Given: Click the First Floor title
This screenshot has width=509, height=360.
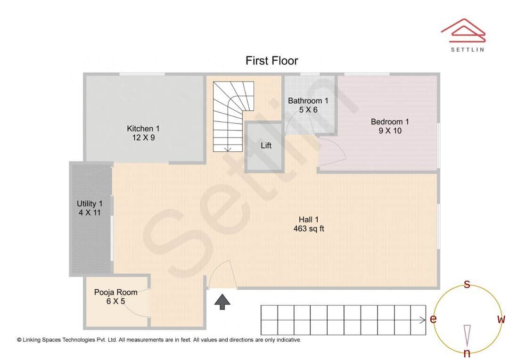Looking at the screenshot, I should tap(271, 61).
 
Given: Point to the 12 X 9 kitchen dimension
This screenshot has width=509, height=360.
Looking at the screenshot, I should tap(143, 138).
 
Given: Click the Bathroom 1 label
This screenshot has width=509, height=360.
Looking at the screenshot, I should tap(308, 101).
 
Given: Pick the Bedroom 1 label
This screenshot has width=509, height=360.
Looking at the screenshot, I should tap(390, 122).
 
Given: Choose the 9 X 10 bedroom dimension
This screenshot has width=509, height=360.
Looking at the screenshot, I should tap(390, 131).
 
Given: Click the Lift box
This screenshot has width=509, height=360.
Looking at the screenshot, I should tap(266, 146).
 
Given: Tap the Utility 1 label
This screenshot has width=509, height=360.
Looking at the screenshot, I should tap(90, 204).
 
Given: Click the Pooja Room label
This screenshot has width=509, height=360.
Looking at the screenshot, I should tap(115, 292).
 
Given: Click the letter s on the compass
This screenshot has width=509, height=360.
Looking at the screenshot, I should tap(467, 284).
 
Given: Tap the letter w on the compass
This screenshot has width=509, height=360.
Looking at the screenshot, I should tap(501, 319).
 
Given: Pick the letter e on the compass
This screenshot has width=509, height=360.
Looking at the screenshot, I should tap(433, 319).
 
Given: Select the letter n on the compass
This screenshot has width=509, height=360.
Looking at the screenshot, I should tap(467, 353).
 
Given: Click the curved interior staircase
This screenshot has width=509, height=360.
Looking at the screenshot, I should tap(231, 115).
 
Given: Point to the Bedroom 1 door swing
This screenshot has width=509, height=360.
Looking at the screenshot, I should tap(332, 151).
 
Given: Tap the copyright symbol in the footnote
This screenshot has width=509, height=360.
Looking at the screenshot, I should tap(19, 340).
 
